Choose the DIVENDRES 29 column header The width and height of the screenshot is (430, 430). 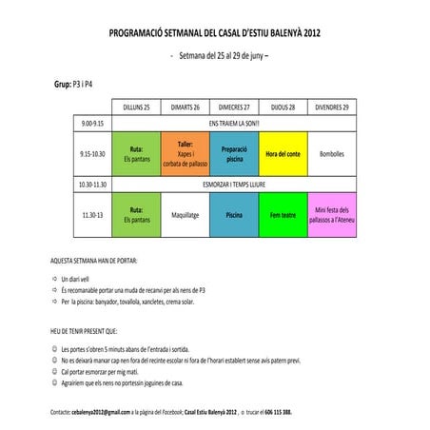point(332,107)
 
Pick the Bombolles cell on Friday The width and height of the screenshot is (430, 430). point(332,153)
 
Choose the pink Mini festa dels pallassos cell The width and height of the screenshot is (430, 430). point(332,214)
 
